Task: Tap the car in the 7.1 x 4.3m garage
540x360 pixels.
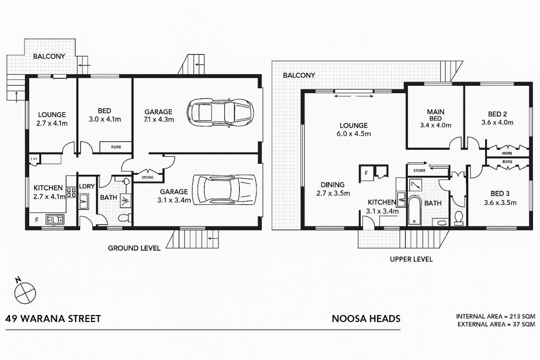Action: (220, 113)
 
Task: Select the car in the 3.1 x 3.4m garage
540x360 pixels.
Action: (225, 190)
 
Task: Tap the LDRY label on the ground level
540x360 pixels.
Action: (87, 186)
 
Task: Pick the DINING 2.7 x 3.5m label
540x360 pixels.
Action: (333, 189)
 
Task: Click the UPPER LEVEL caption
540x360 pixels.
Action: (411, 259)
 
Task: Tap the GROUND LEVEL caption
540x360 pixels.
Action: (134, 248)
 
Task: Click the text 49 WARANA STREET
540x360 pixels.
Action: (53, 319)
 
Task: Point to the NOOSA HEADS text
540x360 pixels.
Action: (366, 319)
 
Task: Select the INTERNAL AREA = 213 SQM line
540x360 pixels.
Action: (495, 316)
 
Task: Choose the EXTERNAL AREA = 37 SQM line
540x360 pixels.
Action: (496, 324)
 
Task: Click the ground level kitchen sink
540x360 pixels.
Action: (55, 219)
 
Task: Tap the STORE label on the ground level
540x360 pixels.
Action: (148, 177)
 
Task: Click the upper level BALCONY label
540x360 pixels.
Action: (299, 75)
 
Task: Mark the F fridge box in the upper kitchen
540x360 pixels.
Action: (367, 172)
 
